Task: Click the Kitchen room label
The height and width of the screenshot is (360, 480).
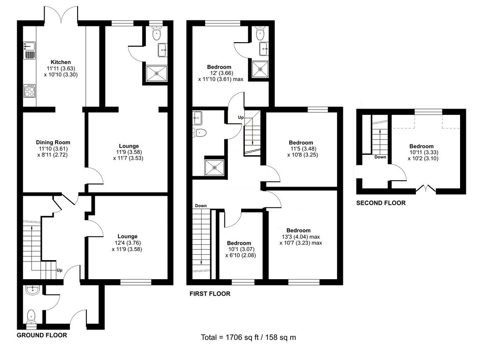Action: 61,62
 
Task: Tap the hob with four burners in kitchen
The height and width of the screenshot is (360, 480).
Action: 30,91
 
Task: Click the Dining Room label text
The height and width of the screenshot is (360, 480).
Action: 53,143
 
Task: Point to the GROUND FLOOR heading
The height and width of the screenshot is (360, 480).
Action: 42,335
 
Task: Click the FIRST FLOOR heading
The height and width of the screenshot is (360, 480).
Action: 210,294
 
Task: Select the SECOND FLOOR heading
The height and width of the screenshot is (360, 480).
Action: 381,203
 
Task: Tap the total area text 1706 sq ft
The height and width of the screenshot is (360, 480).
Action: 248,338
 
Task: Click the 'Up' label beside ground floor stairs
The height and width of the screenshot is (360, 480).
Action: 59,270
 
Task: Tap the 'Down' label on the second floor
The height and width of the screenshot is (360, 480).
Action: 381,158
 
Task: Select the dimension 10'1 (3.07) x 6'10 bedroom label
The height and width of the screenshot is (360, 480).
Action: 239,249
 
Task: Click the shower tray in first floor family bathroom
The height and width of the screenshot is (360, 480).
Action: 214,167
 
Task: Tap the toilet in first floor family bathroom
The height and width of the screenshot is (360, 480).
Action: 200,133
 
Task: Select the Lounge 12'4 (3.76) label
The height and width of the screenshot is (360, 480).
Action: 127,242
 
